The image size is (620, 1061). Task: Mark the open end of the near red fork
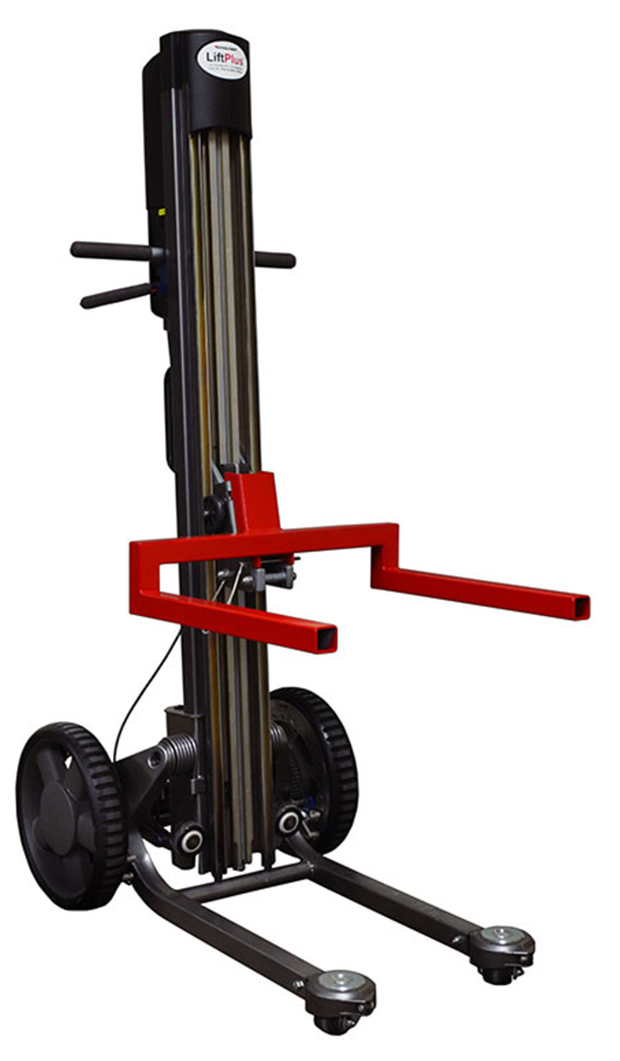coord(326,638)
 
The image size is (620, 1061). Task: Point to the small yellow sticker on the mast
coord(160,211)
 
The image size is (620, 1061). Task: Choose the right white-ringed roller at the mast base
coord(288,821)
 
